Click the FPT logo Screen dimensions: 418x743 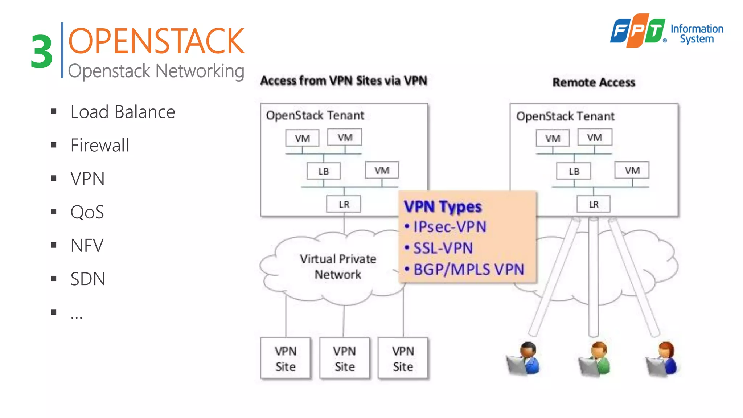click(x=638, y=30)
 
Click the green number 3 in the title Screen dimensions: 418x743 click(x=42, y=52)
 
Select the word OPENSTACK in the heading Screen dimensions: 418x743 click(x=156, y=41)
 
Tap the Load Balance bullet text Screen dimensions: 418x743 click(x=123, y=112)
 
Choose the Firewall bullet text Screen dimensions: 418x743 click(x=100, y=145)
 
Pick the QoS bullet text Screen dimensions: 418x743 click(x=87, y=212)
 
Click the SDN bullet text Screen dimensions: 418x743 click(x=88, y=279)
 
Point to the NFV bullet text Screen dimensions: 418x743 click(x=87, y=246)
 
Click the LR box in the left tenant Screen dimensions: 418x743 click(x=344, y=204)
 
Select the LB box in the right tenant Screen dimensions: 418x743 click(x=574, y=171)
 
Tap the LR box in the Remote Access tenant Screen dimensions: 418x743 click(x=594, y=204)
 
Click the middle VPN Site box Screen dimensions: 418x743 click(x=344, y=358)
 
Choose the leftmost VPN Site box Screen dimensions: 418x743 click(x=286, y=358)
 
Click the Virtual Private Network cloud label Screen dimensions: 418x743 click(x=338, y=267)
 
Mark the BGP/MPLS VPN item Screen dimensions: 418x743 click(x=469, y=270)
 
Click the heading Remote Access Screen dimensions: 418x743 click(x=594, y=82)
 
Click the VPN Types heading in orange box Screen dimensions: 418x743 click(x=443, y=207)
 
